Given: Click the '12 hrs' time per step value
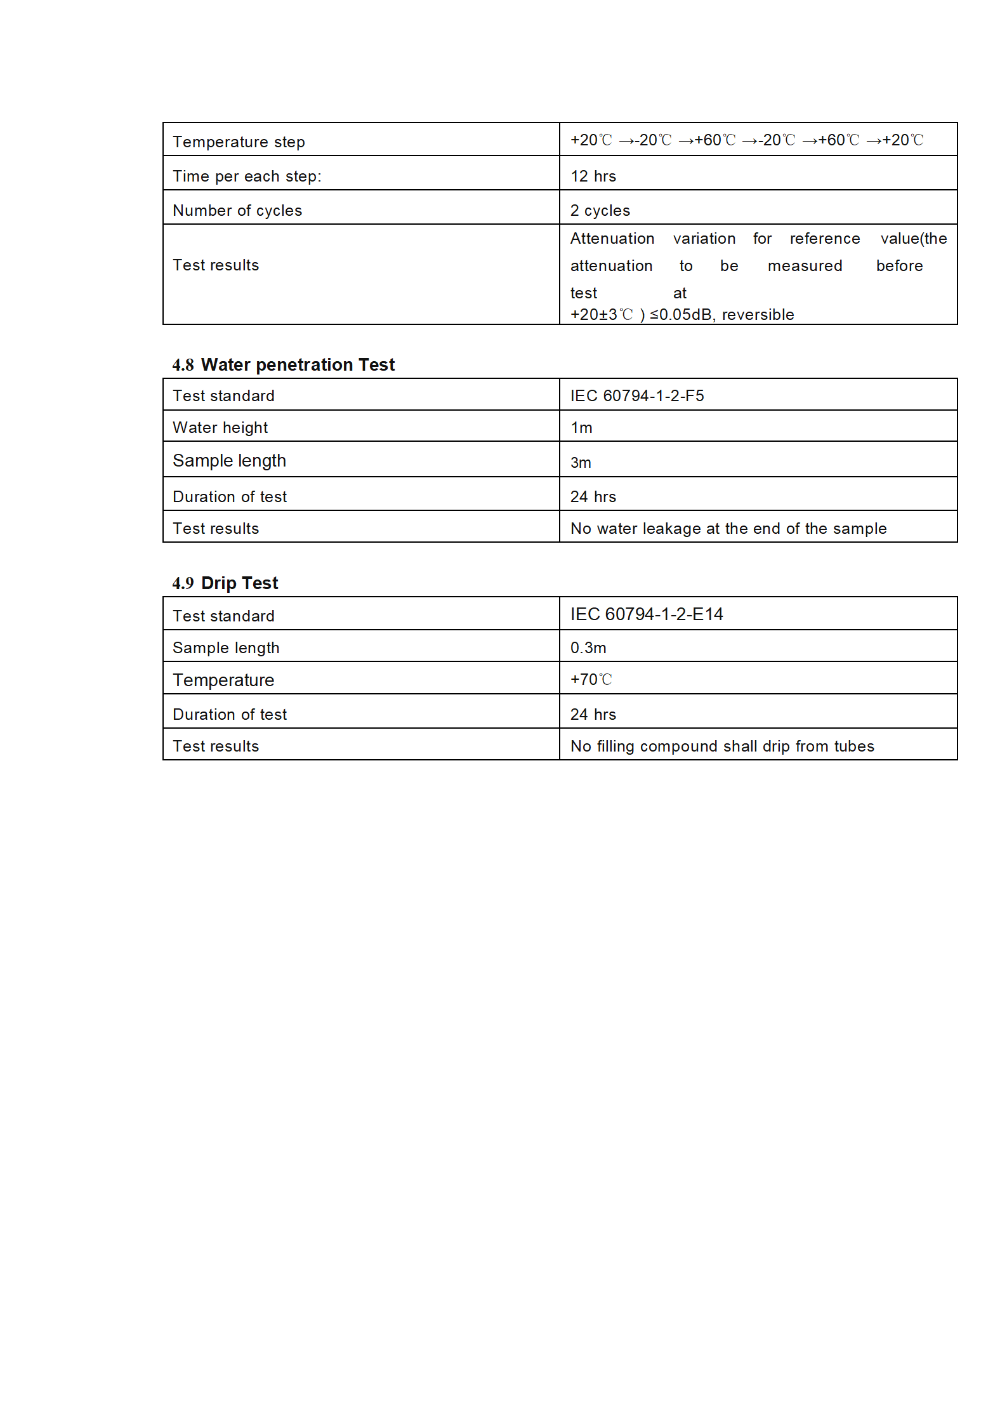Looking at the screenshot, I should click(x=593, y=176).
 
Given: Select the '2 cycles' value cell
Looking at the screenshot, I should click(x=600, y=211).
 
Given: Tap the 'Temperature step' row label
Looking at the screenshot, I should click(x=239, y=142).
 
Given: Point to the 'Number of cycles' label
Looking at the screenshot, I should click(x=237, y=211).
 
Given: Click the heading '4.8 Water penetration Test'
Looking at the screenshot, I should click(x=284, y=365).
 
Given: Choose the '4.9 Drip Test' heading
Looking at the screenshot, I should click(x=225, y=583).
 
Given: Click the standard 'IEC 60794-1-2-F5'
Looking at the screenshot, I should click(x=636, y=396).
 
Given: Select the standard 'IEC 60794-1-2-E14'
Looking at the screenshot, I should click(x=646, y=614).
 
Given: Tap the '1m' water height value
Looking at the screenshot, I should click(x=581, y=428).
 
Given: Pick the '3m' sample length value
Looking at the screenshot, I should click(x=581, y=463).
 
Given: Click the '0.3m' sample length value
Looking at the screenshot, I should click(x=588, y=648).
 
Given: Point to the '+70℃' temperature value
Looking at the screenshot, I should click(x=591, y=680).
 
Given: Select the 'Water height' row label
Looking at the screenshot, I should click(x=220, y=428).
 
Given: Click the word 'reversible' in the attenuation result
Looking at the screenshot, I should click(x=758, y=315).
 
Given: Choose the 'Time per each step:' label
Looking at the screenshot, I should click(x=247, y=176).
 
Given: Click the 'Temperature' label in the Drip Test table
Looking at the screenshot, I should click(x=223, y=680).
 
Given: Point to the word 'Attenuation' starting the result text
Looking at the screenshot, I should click(x=612, y=239).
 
